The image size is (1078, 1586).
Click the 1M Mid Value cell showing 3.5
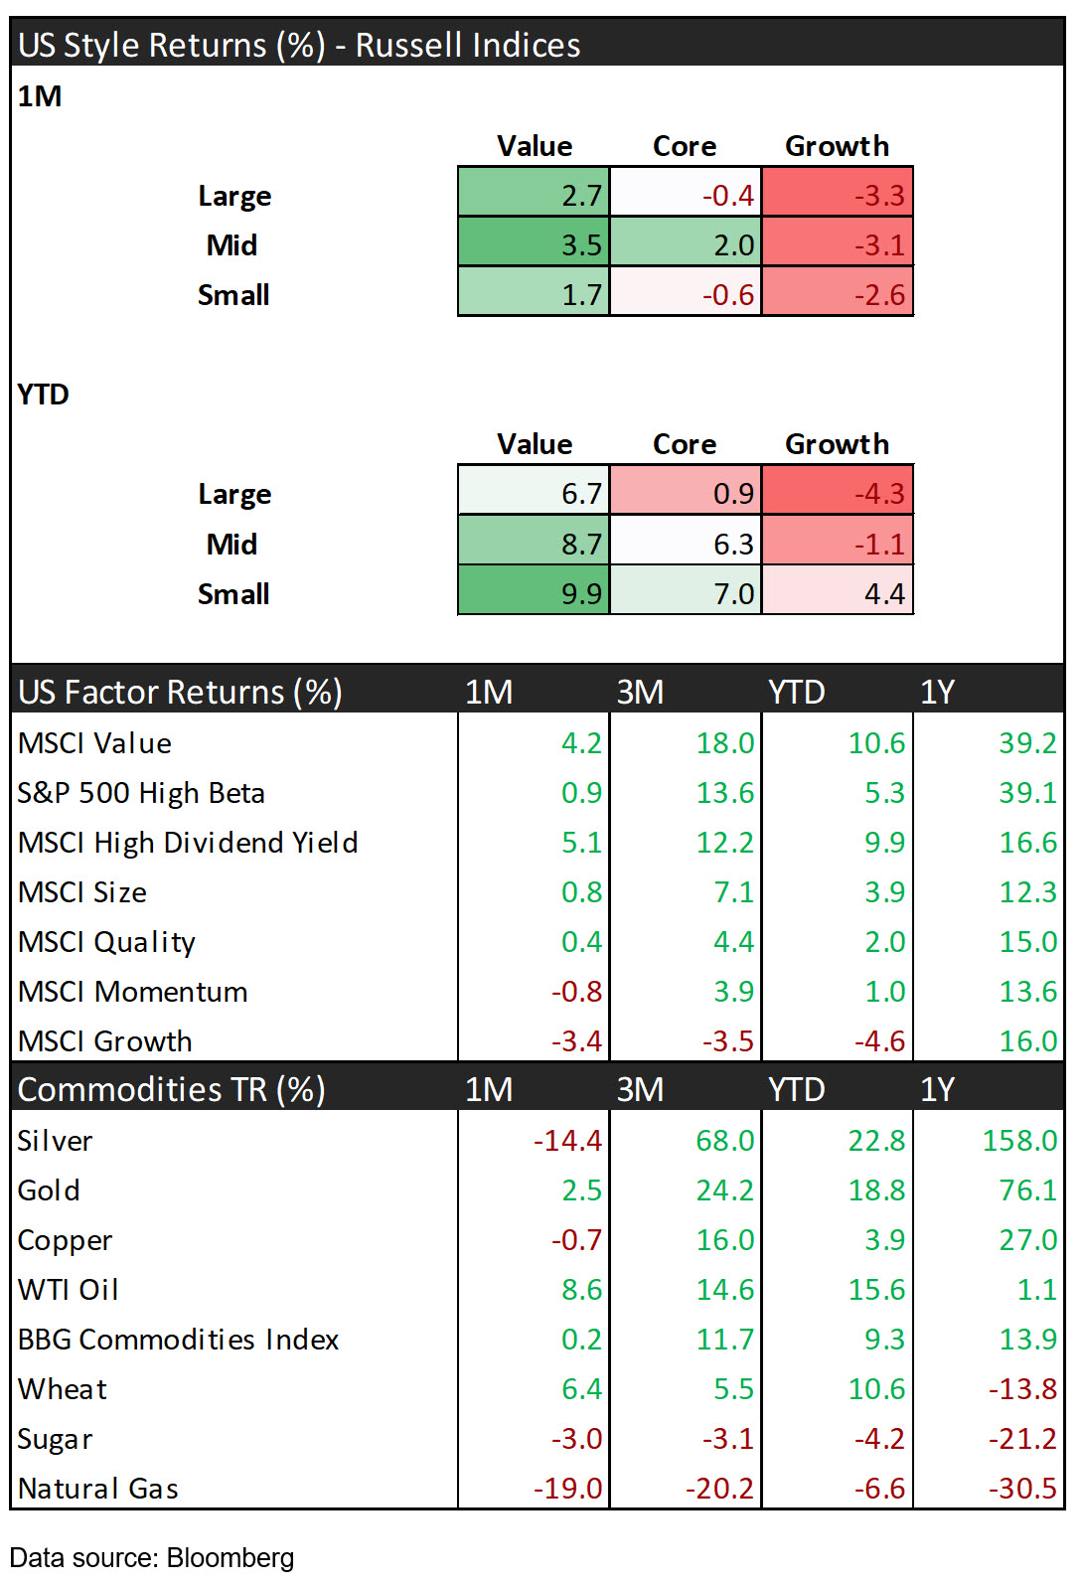coord(535,244)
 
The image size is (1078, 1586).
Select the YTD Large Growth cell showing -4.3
coord(838,493)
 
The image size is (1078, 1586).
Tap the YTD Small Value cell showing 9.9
coord(535,593)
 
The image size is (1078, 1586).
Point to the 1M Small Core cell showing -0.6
coord(686,294)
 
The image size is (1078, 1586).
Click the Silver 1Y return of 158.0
coord(1019,1140)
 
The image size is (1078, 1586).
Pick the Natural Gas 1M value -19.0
coord(567,1488)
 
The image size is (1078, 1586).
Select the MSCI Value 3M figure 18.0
coord(724,742)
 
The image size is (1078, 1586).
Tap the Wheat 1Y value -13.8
coord(1022,1388)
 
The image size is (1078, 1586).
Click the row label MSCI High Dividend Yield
coord(188,842)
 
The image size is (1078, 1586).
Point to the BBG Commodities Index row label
coord(179,1339)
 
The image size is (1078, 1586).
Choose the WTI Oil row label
coord(69,1289)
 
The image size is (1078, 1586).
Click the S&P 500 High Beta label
coord(141,792)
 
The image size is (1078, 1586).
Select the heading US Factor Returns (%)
coord(180,691)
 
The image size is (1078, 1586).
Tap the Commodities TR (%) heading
coord(172,1089)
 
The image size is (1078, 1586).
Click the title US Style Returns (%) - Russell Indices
coord(299,45)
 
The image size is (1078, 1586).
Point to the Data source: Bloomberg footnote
coord(152,1557)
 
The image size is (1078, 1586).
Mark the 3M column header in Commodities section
coord(640,1089)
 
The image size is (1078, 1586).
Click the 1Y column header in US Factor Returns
coord(937,691)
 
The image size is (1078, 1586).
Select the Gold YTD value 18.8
coord(876,1189)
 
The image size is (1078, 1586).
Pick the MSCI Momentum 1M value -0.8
coord(576,991)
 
